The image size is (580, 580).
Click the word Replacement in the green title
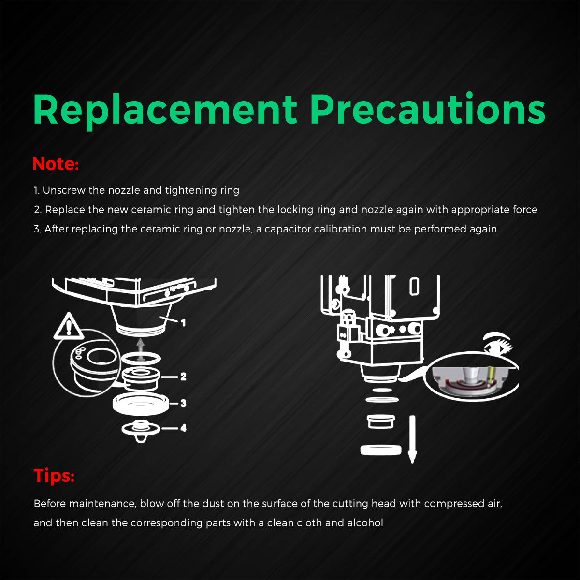tap(165, 110)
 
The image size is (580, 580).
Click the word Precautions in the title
tap(428, 108)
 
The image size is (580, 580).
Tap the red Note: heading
tap(56, 164)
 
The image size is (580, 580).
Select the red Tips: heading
tap(54, 476)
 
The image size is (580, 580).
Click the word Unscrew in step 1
tap(64, 190)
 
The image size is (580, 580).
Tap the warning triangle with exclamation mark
tap(69, 326)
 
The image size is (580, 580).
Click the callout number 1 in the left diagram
tap(183, 323)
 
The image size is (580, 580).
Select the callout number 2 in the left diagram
tap(183, 376)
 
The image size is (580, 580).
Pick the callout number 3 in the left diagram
tap(183, 403)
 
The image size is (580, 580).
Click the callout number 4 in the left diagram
tap(183, 428)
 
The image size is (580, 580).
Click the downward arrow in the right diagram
tap(412, 439)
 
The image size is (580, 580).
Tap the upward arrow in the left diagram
tap(140, 349)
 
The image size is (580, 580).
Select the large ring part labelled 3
tap(141, 404)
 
